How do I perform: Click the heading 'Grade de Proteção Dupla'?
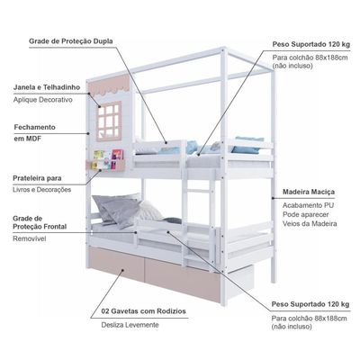tap(71, 41)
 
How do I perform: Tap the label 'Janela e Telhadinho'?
tap(47, 87)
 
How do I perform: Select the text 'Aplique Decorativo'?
tap(43, 100)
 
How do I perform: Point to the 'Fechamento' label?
tap(35, 127)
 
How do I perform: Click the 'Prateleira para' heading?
tap(37, 178)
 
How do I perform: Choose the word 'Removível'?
tap(30, 238)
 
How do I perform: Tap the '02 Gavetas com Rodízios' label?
tap(144, 311)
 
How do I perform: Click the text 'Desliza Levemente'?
tap(130, 325)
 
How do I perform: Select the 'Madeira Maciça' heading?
tap(309, 192)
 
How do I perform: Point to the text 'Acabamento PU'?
tap(308, 205)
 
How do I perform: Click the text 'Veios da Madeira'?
tap(310, 223)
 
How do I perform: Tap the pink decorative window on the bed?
tap(109, 121)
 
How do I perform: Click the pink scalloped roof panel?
tap(110, 84)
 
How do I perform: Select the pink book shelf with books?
tap(105, 161)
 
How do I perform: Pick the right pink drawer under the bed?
tap(183, 281)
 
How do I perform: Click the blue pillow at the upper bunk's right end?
tap(247, 145)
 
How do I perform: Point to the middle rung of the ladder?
tap(199, 191)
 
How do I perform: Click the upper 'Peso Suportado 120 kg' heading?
tap(311, 44)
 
